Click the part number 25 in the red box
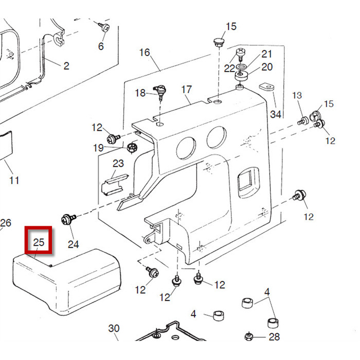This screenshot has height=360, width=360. [40, 242]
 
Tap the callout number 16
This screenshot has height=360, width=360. [145, 52]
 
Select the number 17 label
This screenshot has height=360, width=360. [187, 89]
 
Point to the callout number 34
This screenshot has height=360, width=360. [276, 114]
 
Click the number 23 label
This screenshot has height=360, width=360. [118, 164]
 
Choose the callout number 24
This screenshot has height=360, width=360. [74, 244]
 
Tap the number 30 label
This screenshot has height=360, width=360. [114, 329]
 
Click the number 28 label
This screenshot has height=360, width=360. [275, 337]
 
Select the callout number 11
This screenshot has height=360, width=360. [14, 180]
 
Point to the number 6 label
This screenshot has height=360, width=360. [101, 46]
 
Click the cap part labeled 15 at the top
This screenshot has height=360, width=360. [219, 41]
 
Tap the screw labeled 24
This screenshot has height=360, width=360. [68, 219]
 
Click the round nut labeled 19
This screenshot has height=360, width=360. [133, 148]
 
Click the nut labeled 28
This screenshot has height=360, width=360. [248, 337]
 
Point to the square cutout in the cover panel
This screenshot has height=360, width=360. [245, 182]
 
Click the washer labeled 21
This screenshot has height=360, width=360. [241, 67]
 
